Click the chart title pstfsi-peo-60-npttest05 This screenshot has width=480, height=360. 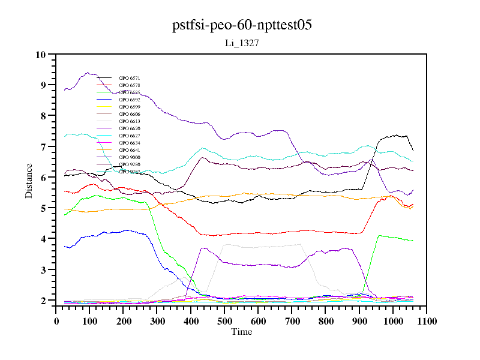pyautogui.click(x=242, y=25)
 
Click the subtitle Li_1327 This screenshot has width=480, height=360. pyautogui.click(x=241, y=43)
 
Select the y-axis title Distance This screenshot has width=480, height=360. pyautogui.click(x=29, y=179)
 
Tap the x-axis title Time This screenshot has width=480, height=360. pyautogui.click(x=241, y=332)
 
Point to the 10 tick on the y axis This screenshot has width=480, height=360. pyautogui.click(x=41, y=55)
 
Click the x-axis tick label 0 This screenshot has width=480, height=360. pyautogui.click(x=56, y=321)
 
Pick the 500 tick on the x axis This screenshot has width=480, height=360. pyautogui.click(x=224, y=321)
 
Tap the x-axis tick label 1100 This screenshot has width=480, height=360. pyautogui.click(x=426, y=321)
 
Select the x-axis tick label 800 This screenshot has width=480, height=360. pyautogui.click(x=326, y=321)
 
